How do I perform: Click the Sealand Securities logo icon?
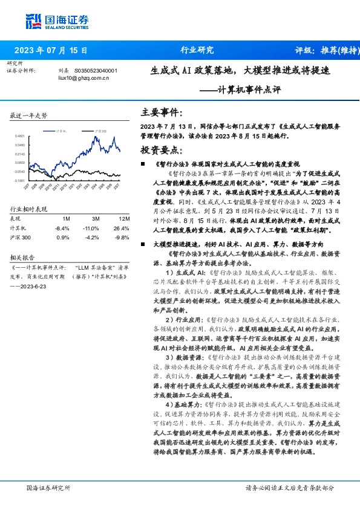(x=33, y=21)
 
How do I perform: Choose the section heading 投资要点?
(x=160, y=149)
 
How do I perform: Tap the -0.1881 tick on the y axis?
(x=21, y=180)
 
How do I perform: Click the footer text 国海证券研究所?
(x=49, y=487)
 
